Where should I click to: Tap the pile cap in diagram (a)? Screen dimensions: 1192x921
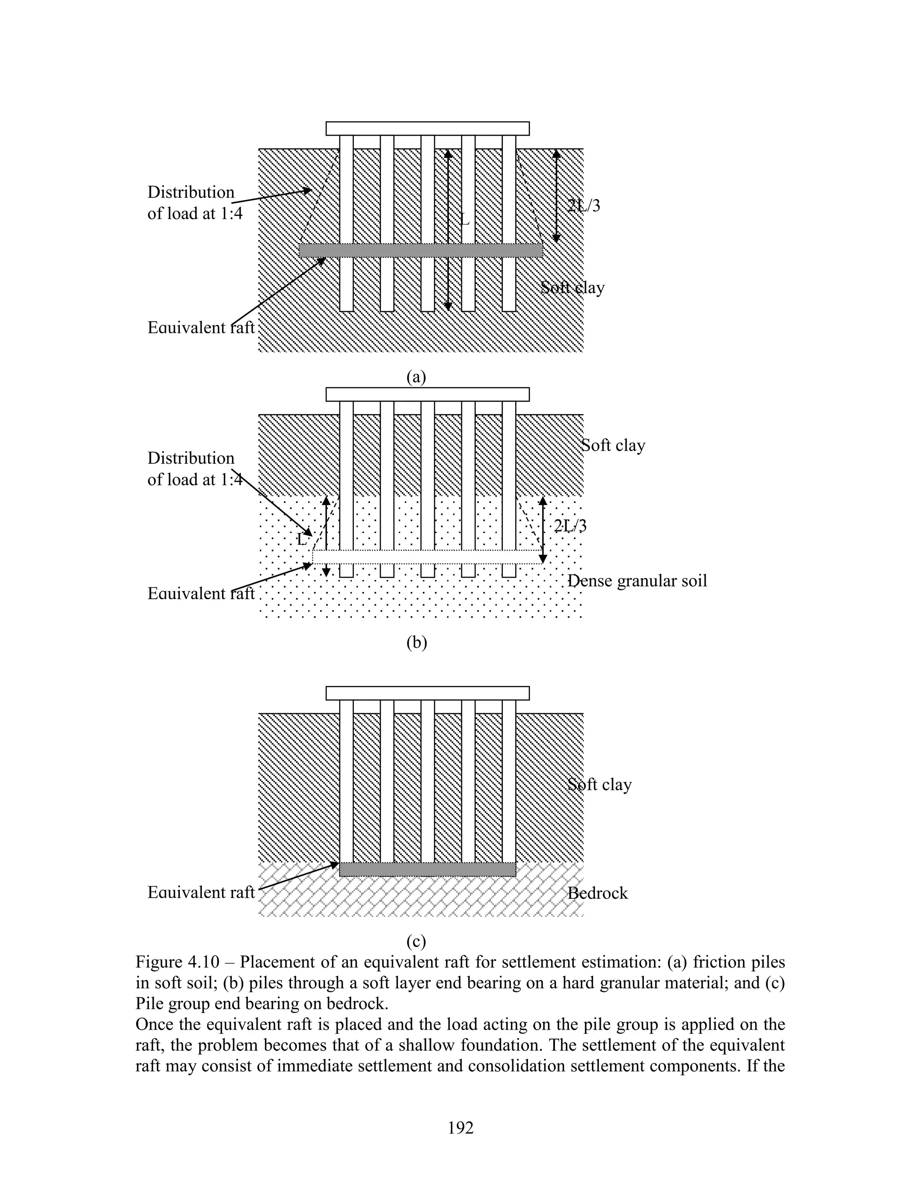[x=427, y=128]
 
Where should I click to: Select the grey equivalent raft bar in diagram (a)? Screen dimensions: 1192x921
[x=420, y=251]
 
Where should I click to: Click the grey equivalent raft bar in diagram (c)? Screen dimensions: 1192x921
[x=427, y=869]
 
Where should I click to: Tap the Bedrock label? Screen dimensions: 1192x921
[x=598, y=893]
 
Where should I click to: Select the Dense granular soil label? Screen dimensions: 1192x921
[x=637, y=581]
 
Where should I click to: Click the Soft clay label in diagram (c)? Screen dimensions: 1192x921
[x=599, y=785]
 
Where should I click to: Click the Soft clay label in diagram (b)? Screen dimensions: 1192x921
[x=613, y=445]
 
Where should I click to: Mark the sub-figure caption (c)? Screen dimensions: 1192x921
[x=416, y=941]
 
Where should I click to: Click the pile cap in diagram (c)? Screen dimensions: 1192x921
[x=427, y=693]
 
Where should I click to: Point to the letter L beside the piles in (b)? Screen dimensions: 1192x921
[x=302, y=540]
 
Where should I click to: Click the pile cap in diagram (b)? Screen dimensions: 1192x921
[x=427, y=394]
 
